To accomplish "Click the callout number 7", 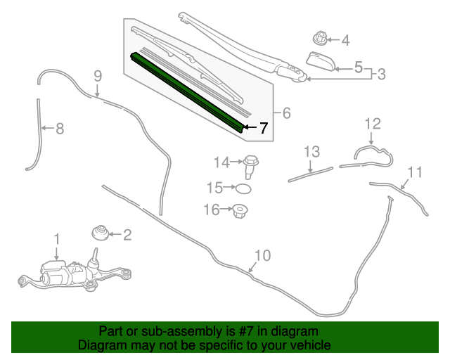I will [263, 128].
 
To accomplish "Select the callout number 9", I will [98, 75].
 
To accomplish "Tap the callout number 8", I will [60, 128].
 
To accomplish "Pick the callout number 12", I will [372, 124].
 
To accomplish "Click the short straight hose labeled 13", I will [310, 174].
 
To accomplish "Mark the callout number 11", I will [415, 172].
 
